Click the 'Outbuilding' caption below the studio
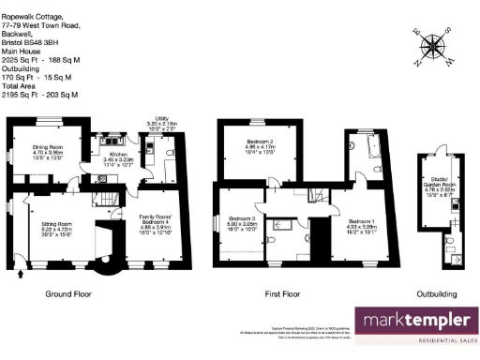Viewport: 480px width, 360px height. tap(440, 293)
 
